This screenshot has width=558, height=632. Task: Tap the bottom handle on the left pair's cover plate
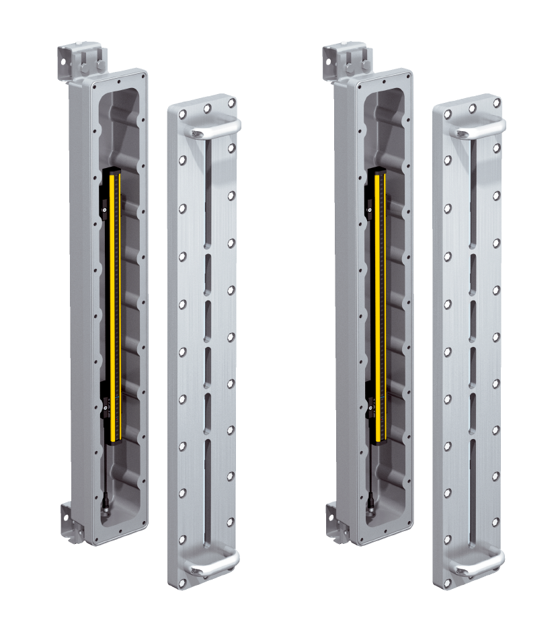coord(214,563)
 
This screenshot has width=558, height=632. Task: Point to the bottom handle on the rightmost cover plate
coord(480,563)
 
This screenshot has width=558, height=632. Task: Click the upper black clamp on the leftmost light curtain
coord(104,206)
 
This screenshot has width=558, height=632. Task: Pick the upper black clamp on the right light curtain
coord(370,206)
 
